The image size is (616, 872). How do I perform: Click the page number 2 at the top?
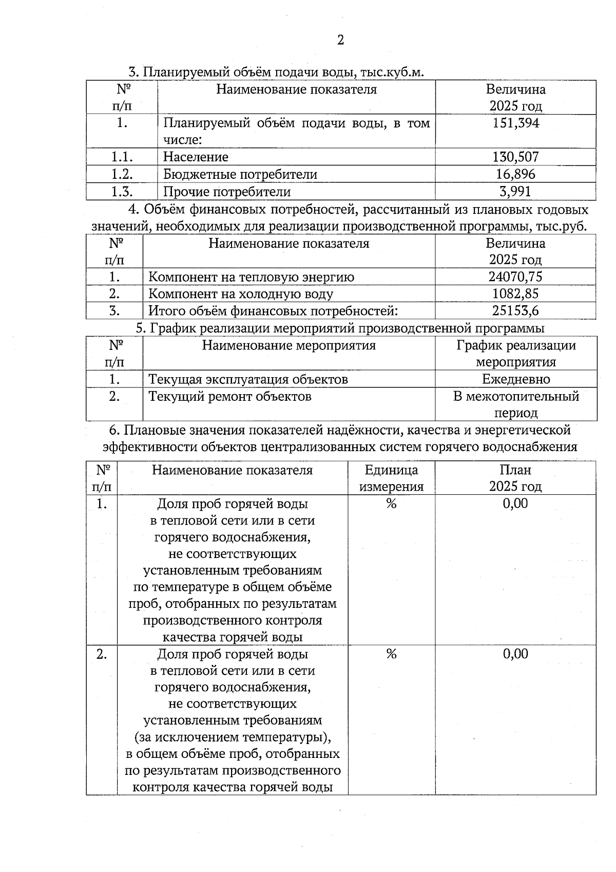[x=340, y=40]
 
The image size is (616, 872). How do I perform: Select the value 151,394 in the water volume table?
[x=515, y=123]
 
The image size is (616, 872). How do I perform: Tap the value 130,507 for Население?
[x=515, y=157]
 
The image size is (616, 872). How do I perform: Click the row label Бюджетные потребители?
[x=240, y=174]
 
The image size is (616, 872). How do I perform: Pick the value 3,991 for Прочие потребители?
[x=515, y=192]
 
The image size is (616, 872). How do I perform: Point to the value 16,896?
[x=515, y=174]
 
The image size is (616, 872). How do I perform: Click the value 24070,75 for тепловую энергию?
[x=515, y=277]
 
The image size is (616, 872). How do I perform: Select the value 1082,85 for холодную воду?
[x=515, y=294]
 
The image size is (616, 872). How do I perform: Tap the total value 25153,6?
[x=515, y=311]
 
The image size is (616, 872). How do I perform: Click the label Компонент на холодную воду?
[x=241, y=294]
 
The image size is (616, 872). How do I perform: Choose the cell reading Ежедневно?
[x=516, y=379]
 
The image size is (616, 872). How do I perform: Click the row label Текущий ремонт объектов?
[x=230, y=396]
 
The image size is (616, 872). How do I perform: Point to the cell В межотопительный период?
[x=516, y=404]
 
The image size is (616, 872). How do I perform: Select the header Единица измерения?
[x=391, y=478]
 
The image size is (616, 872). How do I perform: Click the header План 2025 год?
[x=515, y=478]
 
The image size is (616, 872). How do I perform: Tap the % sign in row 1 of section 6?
[x=391, y=504]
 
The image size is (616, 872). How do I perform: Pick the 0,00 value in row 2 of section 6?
[x=515, y=654]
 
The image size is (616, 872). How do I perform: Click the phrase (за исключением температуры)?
[x=233, y=737]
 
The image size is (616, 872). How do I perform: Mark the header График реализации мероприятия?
[x=516, y=354]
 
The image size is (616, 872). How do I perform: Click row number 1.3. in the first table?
[x=122, y=192]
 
